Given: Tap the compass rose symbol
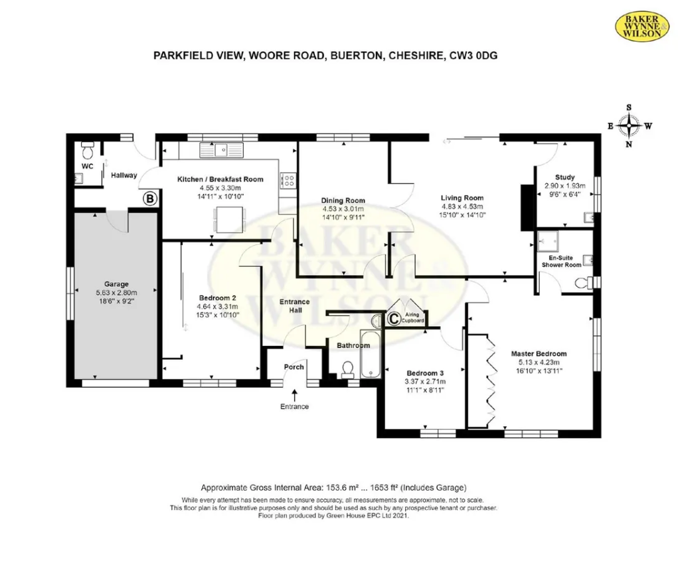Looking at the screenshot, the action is (629, 126).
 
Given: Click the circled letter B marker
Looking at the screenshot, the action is (150, 199).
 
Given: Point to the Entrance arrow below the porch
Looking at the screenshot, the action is (294, 394).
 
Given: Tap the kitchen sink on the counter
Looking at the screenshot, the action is (222, 150).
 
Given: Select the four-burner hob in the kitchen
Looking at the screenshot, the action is (288, 181).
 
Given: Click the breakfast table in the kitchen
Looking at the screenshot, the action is (230, 219).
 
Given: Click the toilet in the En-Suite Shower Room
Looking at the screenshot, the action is (583, 283).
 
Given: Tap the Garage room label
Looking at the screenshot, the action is (116, 284).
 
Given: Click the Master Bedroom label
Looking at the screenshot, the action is (539, 353).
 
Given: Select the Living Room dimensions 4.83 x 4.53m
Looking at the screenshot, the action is (462, 206).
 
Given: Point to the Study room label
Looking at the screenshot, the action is (564, 177).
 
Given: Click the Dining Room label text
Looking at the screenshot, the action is (343, 200).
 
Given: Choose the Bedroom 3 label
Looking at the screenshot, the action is (425, 373).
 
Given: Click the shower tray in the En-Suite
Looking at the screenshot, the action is (548, 241).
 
